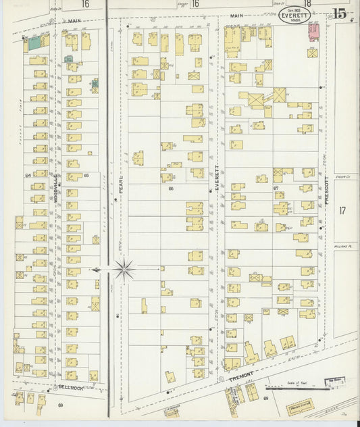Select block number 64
point(29,176)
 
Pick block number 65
point(86,176)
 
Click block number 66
point(171,189)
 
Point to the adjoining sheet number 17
point(342,211)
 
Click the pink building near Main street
point(313,30)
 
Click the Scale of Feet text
point(296,382)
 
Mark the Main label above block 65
point(74,21)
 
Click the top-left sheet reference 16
point(85,4)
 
